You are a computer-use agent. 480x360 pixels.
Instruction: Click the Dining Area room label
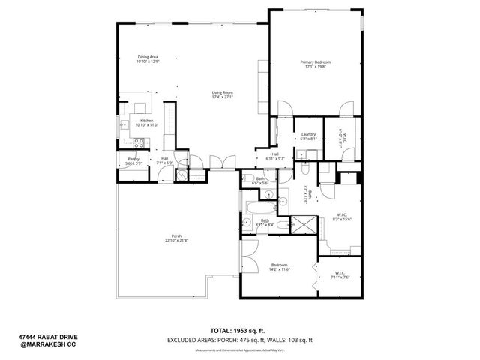(x=147, y=59)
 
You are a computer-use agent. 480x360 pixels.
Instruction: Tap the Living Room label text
(x=223, y=94)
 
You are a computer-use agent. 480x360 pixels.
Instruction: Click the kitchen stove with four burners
(x=139, y=142)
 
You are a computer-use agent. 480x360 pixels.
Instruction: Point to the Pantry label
(x=133, y=161)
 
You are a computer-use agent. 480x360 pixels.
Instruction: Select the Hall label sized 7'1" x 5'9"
(x=163, y=160)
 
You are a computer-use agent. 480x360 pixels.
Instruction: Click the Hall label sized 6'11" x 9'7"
(x=275, y=157)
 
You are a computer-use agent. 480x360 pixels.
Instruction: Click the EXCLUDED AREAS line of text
(x=240, y=340)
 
